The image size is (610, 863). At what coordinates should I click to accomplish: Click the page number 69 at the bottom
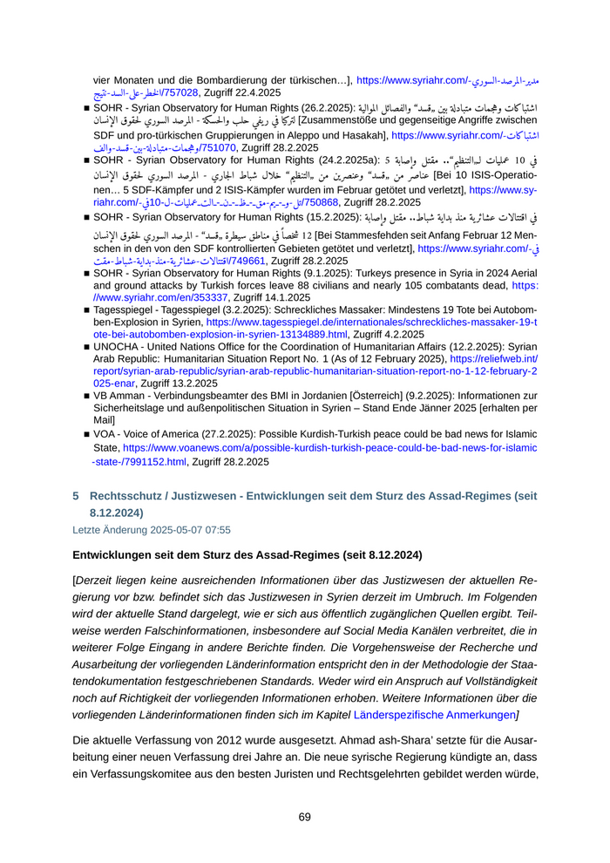tap(305, 817)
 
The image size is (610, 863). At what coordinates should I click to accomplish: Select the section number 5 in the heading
tap(76, 496)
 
